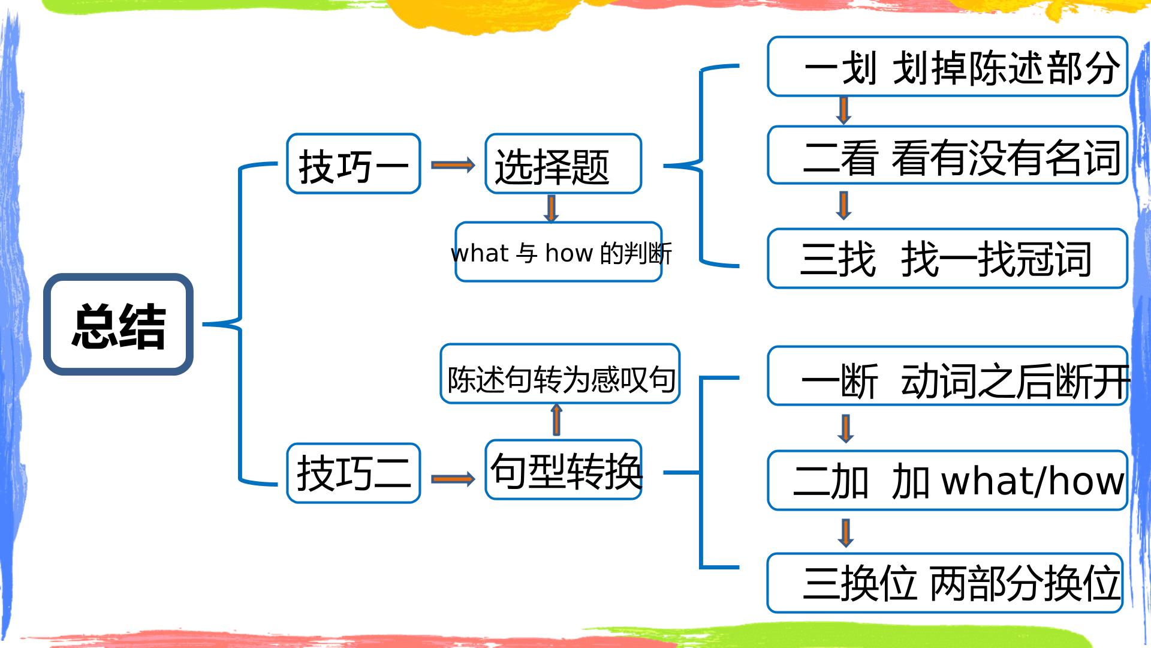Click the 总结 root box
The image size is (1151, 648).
pyautogui.click(x=118, y=324)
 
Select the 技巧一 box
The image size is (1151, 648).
pyautogui.click(x=354, y=163)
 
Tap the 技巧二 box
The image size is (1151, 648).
pyautogui.click(x=354, y=473)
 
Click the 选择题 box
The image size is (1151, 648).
pyautogui.click(x=564, y=163)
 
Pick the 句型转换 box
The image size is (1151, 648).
pyautogui.click(x=564, y=469)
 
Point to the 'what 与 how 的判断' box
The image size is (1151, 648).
pyautogui.click(x=559, y=252)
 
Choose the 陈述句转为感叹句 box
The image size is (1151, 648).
pyautogui.click(x=560, y=373)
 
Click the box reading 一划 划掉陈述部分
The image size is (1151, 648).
pyautogui.click(x=948, y=66)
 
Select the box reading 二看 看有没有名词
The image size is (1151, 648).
pyautogui.click(x=948, y=155)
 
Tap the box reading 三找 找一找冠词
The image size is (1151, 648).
pyautogui.click(x=948, y=258)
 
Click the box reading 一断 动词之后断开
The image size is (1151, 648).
pyautogui.click(x=948, y=376)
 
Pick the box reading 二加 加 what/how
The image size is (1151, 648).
pyautogui.click(x=948, y=480)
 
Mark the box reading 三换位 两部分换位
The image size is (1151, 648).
pyautogui.click(x=945, y=583)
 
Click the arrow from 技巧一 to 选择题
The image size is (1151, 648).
pyautogui.click(x=453, y=164)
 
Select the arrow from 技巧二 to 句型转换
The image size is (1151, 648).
pyautogui.click(x=453, y=478)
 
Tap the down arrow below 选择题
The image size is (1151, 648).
pyautogui.click(x=551, y=208)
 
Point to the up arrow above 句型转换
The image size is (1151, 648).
pyautogui.click(x=556, y=419)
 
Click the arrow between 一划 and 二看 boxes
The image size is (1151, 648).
pyautogui.click(x=843, y=110)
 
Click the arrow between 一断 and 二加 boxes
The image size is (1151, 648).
pyautogui.click(x=845, y=428)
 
